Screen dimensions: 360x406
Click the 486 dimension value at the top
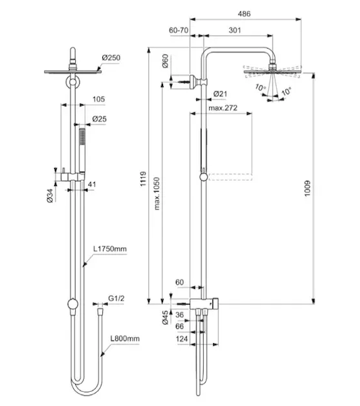pos(244,14)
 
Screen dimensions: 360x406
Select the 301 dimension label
pos(235,30)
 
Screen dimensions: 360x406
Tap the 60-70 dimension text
pos(179,30)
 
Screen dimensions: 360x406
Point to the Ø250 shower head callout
pos(111,58)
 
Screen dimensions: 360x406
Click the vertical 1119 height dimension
pos(143,179)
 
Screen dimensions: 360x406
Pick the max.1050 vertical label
pos(157,194)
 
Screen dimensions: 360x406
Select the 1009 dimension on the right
pos(307,189)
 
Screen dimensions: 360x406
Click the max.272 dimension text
pos(223,108)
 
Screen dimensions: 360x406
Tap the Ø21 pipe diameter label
pos(220,94)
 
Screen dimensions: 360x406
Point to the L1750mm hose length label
pos(110,249)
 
